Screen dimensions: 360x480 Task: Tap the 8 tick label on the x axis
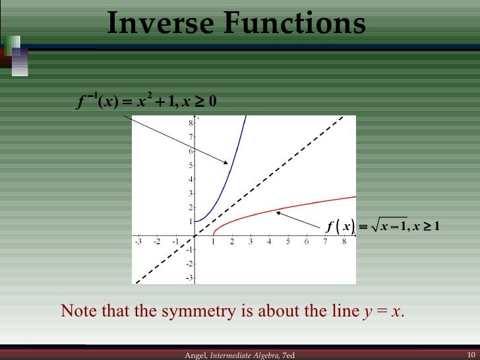click(x=344, y=242)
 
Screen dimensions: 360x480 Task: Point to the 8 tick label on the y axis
click(x=190, y=123)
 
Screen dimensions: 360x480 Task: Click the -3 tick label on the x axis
click(x=138, y=242)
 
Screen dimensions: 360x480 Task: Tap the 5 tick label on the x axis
click(x=288, y=242)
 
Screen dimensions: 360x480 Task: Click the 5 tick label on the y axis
click(x=190, y=165)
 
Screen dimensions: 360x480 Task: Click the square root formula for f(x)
click(x=382, y=227)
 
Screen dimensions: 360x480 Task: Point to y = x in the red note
click(x=383, y=311)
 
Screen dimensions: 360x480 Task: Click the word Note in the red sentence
click(x=76, y=311)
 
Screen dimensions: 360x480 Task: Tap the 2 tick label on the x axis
click(x=232, y=242)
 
